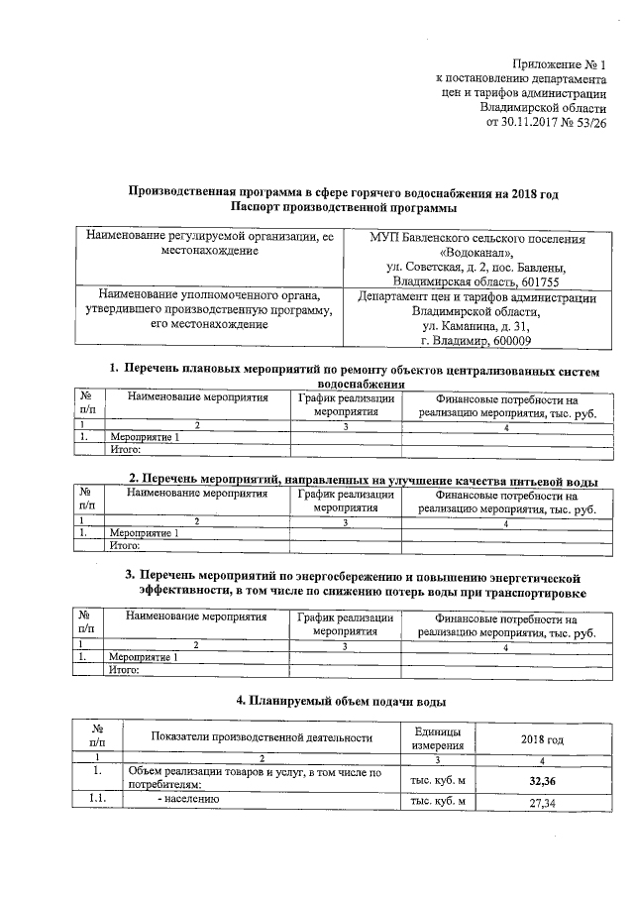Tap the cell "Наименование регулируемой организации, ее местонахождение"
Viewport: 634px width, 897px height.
coord(209,245)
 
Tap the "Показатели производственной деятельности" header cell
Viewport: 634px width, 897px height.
coord(262,737)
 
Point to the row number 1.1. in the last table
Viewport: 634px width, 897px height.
coord(96,801)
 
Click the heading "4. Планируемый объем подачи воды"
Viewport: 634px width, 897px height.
coord(333,701)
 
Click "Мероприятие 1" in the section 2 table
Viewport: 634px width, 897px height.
coord(145,534)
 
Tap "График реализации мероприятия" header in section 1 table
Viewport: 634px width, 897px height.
coord(346,404)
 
